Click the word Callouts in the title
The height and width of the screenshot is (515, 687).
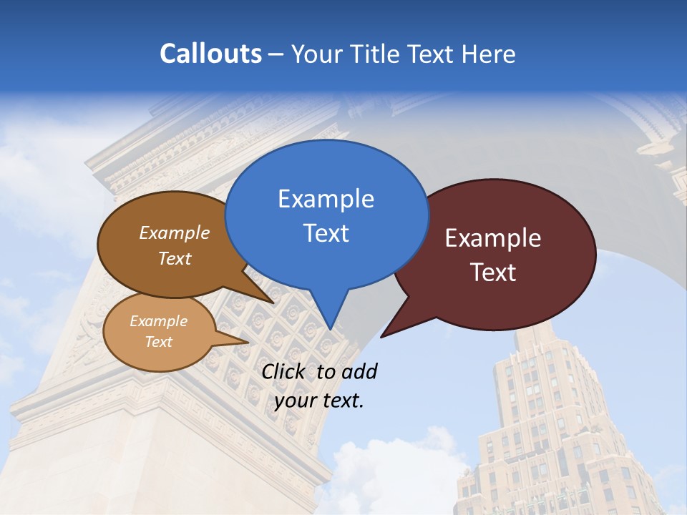coord(211,54)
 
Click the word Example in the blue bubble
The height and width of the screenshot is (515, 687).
coord(326,198)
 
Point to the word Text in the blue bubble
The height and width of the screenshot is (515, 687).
coord(326,232)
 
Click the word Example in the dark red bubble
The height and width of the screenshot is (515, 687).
coord(493,238)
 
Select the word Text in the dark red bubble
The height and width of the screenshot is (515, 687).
coord(493,272)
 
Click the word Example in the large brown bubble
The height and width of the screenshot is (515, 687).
coord(175,232)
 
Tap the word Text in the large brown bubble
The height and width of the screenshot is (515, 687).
coord(175,258)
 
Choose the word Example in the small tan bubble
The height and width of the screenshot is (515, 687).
coord(158,321)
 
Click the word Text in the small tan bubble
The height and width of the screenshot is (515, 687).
coord(158,342)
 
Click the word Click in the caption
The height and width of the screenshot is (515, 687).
coord(283,372)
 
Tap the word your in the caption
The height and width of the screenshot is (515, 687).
coord(295,401)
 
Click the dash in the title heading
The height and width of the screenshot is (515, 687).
coord(277,54)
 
